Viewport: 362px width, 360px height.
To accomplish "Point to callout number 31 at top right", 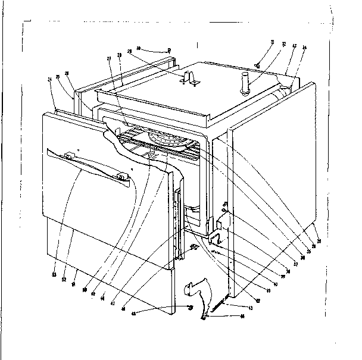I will pyautogui.click(x=272, y=42).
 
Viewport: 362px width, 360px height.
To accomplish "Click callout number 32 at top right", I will pyautogui.click(x=283, y=43).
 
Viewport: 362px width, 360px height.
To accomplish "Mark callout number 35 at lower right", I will pyautogui.click(x=309, y=250).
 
